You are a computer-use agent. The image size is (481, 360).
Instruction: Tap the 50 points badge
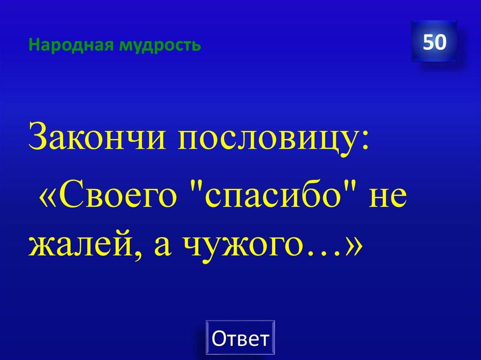(434, 42)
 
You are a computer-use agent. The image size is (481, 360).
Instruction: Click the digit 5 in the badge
(428, 42)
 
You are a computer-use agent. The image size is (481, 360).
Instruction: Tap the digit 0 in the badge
(440, 42)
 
